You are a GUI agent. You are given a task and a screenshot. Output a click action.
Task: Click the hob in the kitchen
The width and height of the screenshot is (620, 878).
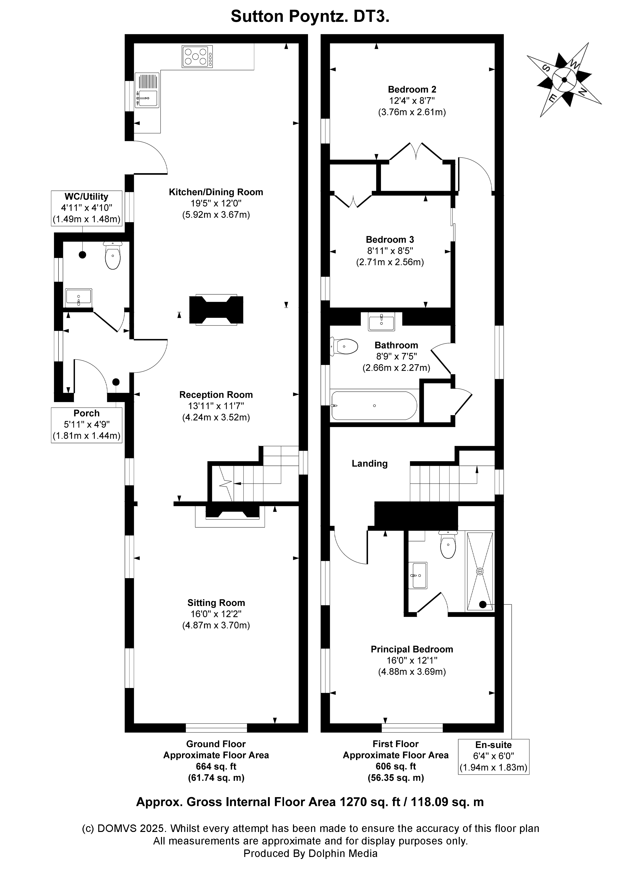pyautogui.click(x=197, y=57)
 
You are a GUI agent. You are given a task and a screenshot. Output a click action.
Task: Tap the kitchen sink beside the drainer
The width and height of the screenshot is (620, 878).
pyautogui.click(x=148, y=99)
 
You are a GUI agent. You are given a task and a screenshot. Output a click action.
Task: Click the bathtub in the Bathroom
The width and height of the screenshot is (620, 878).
pyautogui.click(x=373, y=405)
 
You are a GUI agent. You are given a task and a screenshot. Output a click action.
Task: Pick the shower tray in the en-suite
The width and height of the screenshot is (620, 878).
pyautogui.click(x=480, y=571)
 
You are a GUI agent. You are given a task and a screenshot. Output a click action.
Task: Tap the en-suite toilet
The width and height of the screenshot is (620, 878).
pyautogui.click(x=448, y=545)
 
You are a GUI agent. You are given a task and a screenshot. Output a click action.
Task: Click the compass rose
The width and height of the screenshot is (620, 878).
pyautogui.click(x=564, y=80)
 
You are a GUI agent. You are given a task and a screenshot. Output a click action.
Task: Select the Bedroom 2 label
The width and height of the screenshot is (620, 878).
pyautogui.click(x=412, y=90)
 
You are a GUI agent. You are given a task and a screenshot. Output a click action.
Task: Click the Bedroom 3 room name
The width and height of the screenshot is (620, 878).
pyautogui.click(x=390, y=240)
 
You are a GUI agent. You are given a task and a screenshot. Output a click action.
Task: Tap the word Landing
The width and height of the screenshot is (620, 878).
pyautogui.click(x=369, y=464)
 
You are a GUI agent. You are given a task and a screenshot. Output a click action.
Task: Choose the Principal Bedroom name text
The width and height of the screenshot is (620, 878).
pyautogui.click(x=412, y=649)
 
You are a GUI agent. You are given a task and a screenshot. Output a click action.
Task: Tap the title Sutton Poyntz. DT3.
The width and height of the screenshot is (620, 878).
pyautogui.click(x=310, y=17)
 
